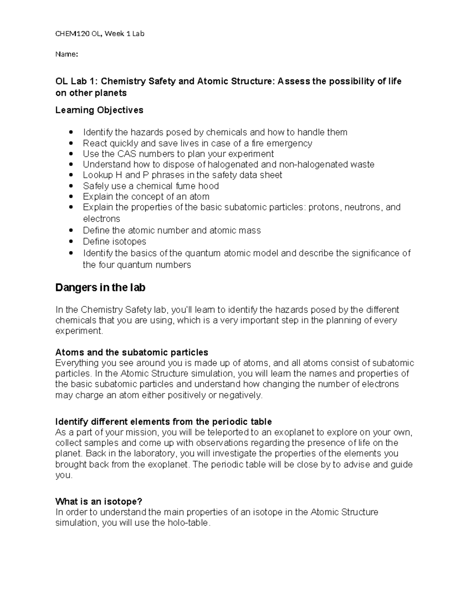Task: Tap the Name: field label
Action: point(67,54)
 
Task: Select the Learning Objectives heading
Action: point(99,110)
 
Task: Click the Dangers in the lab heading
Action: point(100,288)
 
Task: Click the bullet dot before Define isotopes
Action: point(71,242)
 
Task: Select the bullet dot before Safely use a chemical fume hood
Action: point(71,186)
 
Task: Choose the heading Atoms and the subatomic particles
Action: point(131,352)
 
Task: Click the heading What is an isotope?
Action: point(99,502)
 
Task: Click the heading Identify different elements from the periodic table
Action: point(163,422)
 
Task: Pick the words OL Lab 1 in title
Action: point(75,81)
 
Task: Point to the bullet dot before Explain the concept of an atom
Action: point(71,197)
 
